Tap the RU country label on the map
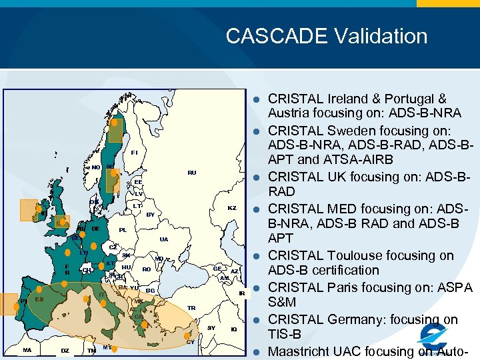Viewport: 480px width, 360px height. pyautogui.click(x=192, y=173)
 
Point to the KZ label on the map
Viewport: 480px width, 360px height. pyautogui.click(x=232, y=209)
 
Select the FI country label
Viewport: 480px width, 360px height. pyautogui.click(x=135, y=153)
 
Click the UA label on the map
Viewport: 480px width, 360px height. pyautogui.click(x=164, y=239)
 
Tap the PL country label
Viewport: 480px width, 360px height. pyautogui.click(x=123, y=230)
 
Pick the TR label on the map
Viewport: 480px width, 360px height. pyautogui.click(x=192, y=308)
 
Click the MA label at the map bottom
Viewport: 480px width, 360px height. pyautogui.click(x=27, y=350)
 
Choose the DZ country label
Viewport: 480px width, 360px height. pyautogui.click(x=65, y=350)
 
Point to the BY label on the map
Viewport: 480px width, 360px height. pyautogui.click(x=151, y=215)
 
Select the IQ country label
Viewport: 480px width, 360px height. pyautogui.click(x=233, y=329)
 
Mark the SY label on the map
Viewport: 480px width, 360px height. pyautogui.click(x=211, y=328)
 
